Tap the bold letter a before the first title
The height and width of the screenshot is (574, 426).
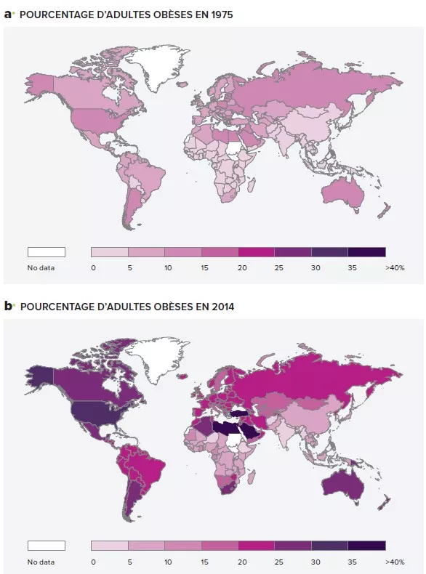[x=9, y=14]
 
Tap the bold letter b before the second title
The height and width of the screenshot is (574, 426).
[x=9, y=307]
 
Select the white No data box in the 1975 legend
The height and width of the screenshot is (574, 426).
[x=47, y=252]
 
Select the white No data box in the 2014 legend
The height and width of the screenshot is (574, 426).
[x=47, y=545]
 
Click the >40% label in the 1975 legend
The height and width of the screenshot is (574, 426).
[x=395, y=268]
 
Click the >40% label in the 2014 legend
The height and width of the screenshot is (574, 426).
[x=395, y=561]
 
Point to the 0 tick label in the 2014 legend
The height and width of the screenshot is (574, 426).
[x=93, y=561]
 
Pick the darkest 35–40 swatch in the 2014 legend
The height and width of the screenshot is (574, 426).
[x=366, y=545]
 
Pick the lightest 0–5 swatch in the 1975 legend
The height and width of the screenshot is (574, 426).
[x=110, y=252]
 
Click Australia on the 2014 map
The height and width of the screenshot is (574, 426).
[x=344, y=479]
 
